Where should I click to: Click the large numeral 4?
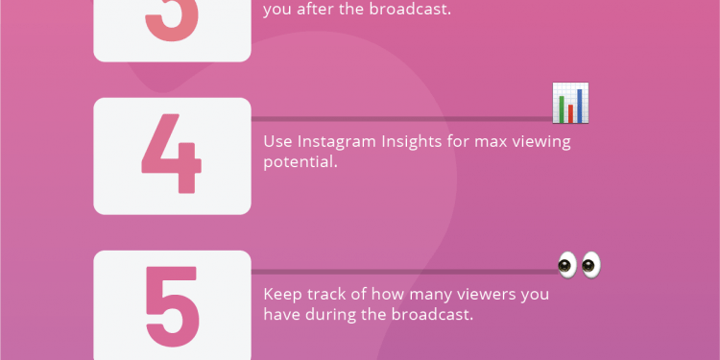(172, 156)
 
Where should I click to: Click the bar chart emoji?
(570, 104)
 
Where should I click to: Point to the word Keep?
(282, 295)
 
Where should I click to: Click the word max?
(491, 142)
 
